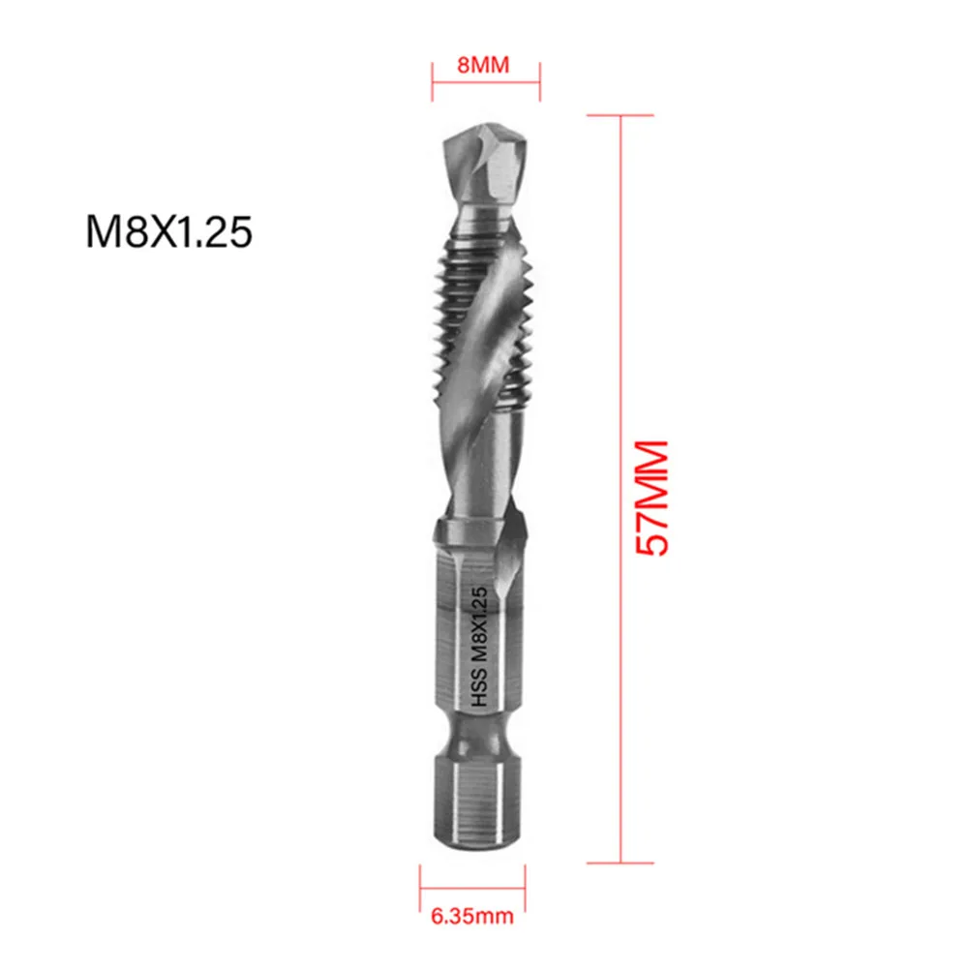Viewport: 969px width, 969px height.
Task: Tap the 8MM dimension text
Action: click(484, 66)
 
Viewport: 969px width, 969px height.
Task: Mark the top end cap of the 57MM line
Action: click(620, 116)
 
